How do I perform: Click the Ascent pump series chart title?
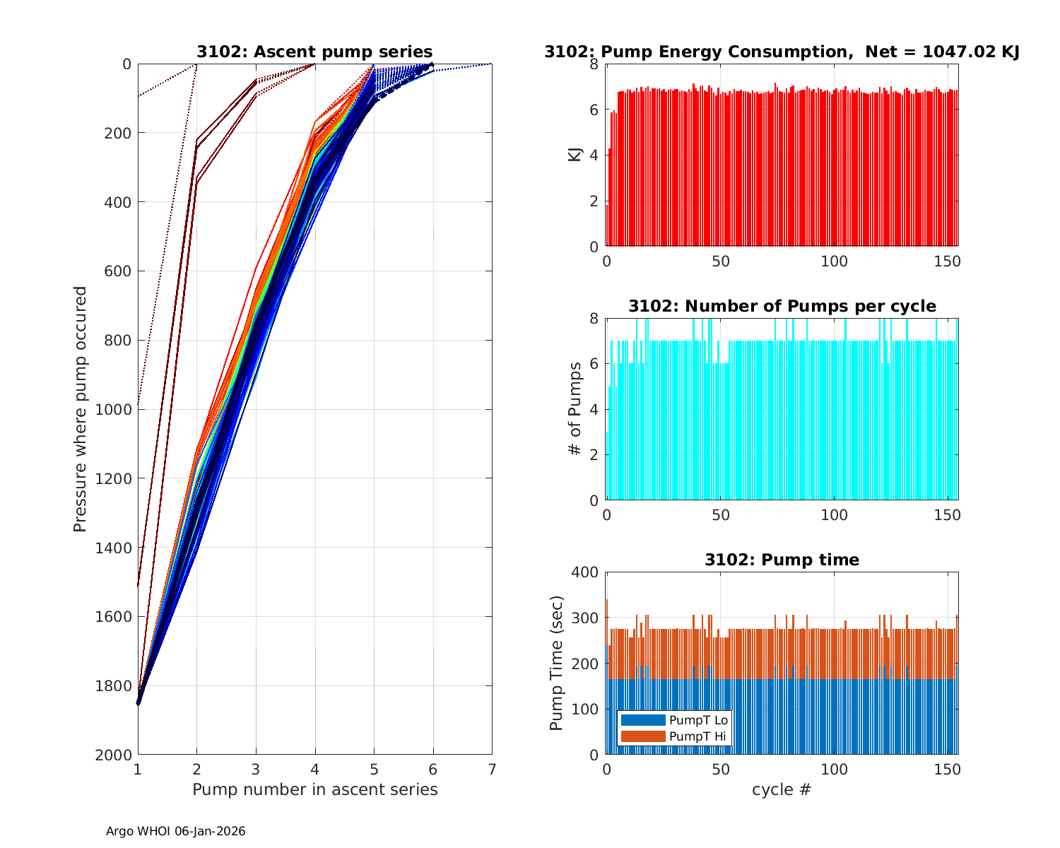pos(314,52)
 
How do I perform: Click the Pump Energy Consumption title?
pos(782,52)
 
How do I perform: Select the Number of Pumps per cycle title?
pos(782,306)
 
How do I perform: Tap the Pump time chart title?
pos(782,560)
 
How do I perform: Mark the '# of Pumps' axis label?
pos(575,408)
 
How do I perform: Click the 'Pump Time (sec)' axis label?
pos(557,663)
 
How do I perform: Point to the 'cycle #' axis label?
pos(782,789)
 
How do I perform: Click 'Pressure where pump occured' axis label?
pos(80,408)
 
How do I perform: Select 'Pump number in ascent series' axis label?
pos(314,789)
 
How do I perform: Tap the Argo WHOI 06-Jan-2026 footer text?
pos(175,832)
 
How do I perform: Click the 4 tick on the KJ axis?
pos(594,155)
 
